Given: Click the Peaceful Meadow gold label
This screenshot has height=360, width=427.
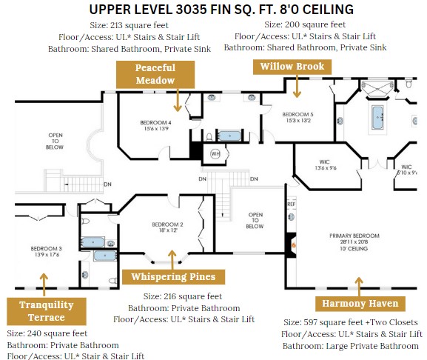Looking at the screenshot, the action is pos(155,74).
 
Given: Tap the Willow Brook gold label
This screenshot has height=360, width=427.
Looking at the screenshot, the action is pos(292,67).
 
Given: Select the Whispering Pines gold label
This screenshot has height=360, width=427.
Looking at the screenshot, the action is pos(173,277).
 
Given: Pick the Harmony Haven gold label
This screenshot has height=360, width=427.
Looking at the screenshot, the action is pos(360,304).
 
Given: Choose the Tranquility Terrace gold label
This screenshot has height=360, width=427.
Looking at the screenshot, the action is pos(47,311).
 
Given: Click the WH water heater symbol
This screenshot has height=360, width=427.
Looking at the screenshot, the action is pos(215,153).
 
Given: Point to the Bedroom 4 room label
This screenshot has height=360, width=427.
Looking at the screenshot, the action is pos(156,126).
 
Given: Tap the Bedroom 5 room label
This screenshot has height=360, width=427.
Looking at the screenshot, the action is pos(298,118).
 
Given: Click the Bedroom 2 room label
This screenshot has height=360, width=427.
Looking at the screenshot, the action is pos(167,227).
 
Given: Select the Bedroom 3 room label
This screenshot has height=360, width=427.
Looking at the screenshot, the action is pos(47,252).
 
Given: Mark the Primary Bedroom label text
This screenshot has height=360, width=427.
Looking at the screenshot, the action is pos(354,242).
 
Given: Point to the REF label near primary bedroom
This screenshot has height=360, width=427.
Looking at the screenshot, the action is pos(291,204).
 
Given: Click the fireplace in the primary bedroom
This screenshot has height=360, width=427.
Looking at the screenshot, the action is pos(291,245).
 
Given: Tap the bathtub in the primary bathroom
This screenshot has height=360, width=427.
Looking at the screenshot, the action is pos(377,118).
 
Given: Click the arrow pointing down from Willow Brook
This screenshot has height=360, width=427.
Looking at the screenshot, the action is pos(297,86).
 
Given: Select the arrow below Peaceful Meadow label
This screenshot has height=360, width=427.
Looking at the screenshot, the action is pos(178,100).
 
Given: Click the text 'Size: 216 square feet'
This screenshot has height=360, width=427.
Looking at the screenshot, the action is pos(183,296).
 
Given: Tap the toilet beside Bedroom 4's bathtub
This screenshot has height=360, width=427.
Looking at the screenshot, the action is pos(209,136).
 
